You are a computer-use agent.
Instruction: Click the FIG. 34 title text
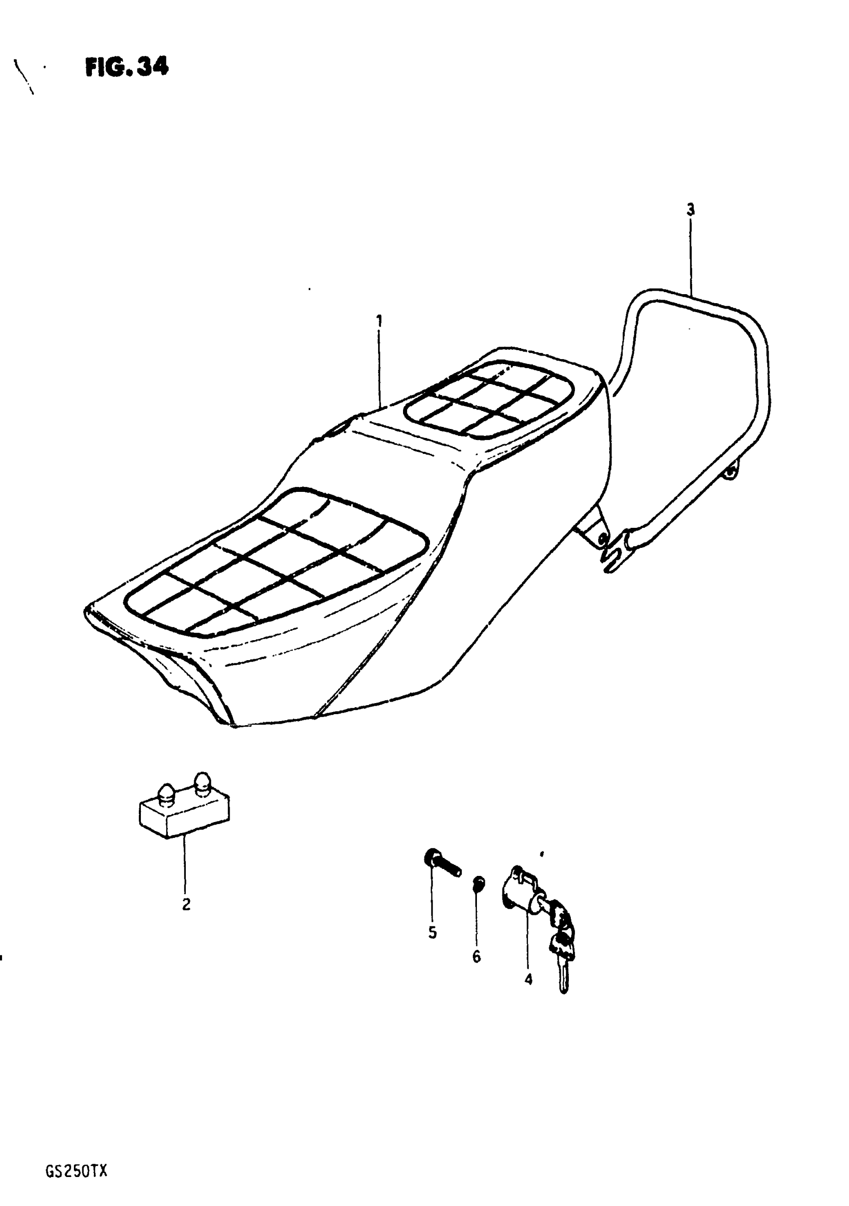point(127,67)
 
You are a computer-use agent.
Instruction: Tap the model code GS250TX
point(76,1157)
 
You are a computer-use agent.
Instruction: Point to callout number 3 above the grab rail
point(690,210)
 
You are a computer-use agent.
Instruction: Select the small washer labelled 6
point(478,884)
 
